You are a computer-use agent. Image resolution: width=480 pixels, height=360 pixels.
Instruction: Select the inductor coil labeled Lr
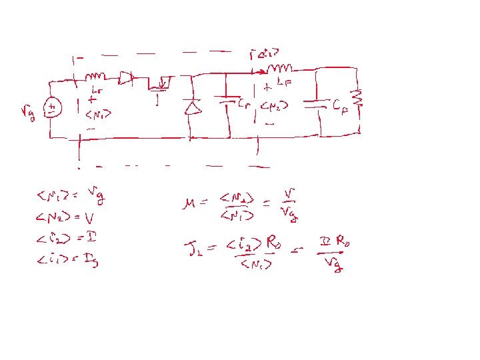97,77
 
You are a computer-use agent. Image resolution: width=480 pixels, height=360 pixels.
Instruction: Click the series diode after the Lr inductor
126,79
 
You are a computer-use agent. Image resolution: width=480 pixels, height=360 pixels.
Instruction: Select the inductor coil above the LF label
281,68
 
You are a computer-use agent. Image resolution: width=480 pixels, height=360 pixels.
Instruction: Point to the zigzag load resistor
358,97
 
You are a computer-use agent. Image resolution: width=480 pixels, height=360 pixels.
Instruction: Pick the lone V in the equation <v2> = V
89,218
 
